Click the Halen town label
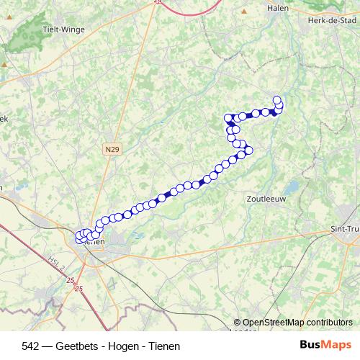pos(276,8)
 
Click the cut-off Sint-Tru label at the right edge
pos(344,230)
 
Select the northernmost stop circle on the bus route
pos(276,100)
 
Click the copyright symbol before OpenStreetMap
pos(238,323)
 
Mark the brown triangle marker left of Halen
pos(245,12)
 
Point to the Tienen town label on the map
pos(95,242)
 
